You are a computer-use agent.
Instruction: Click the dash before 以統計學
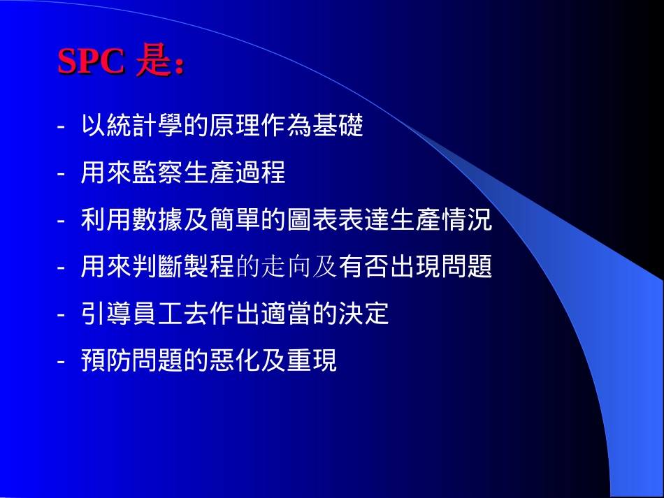click(x=62, y=128)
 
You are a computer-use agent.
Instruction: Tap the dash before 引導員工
click(x=62, y=315)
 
